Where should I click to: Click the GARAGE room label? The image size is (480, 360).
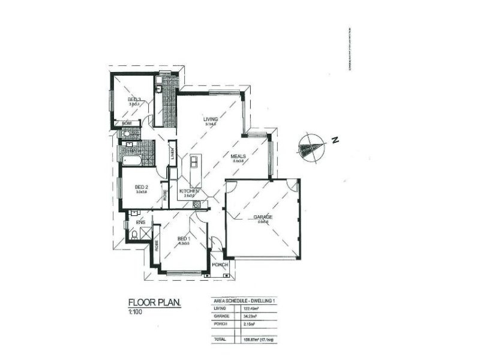[263, 217]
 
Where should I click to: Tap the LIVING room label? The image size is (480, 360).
[210, 119]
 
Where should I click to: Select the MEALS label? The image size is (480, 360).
[239, 156]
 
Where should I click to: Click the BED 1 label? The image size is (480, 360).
[184, 239]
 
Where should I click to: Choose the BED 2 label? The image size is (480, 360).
[142, 187]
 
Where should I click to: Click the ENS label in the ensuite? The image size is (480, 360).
[141, 222]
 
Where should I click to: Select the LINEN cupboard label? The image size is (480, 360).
[172, 154]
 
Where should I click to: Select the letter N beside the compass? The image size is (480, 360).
[335, 141]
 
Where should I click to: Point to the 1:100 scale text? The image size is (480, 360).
[136, 313]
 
